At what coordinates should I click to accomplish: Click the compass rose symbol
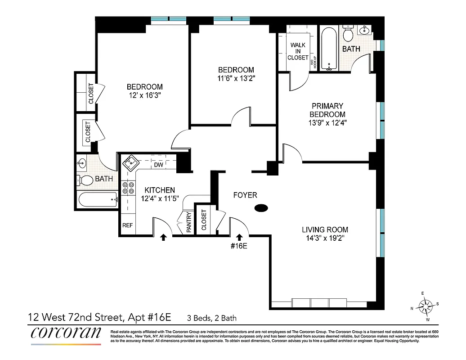pyautogui.click(x=425, y=306)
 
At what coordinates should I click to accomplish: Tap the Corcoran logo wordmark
pyautogui.click(x=66, y=333)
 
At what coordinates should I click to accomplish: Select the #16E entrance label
pyautogui.click(x=239, y=246)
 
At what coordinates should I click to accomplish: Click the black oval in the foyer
pyautogui.click(x=261, y=208)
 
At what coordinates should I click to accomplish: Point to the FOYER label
pyautogui.click(x=245, y=195)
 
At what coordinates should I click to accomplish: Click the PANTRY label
pyautogui.click(x=189, y=222)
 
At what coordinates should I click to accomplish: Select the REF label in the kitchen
pyautogui.click(x=127, y=225)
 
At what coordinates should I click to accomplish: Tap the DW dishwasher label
pyautogui.click(x=158, y=165)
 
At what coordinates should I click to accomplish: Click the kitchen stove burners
pyautogui.click(x=128, y=187)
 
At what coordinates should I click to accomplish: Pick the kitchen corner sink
pyautogui.click(x=131, y=162)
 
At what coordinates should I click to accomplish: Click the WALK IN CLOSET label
pyautogui.click(x=298, y=51)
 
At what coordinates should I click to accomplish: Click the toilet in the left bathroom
pyautogui.click(x=86, y=180)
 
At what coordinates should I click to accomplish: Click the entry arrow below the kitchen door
pyautogui.click(x=164, y=237)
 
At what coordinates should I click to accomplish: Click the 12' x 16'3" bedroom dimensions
pyautogui.click(x=144, y=95)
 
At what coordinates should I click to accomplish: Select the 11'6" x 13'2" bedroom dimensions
pyautogui.click(x=236, y=78)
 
